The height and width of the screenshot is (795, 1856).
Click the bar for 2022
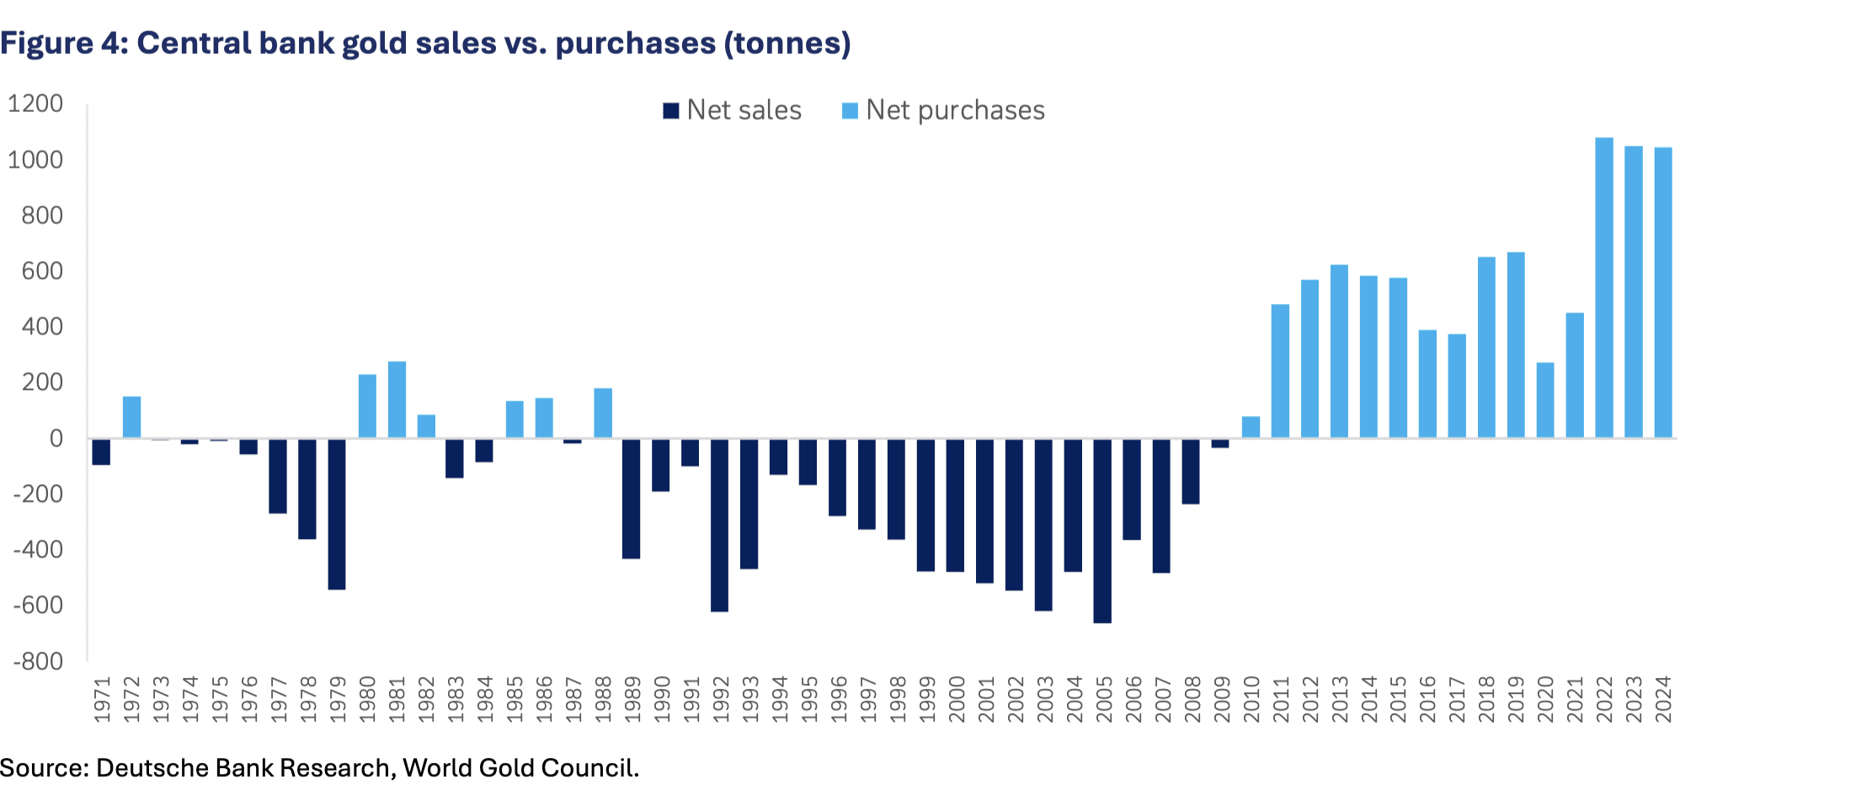pos(1604,288)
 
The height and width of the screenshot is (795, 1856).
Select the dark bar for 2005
pos(1102,531)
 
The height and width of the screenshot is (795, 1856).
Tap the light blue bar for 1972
pos(131,417)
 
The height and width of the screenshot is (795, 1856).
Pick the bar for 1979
pos(337,514)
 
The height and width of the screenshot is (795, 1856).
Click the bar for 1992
pos(719,525)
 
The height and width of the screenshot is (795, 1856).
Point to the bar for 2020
pos(1545,400)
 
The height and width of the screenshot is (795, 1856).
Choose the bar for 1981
pos(397,400)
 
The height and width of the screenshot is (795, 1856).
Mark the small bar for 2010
pos(1251,427)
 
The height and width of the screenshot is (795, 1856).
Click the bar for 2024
pos(1663,293)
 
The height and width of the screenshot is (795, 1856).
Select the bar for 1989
pos(631,499)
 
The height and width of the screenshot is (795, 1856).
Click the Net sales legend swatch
pos(671,111)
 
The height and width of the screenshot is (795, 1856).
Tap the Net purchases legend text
pos(955,110)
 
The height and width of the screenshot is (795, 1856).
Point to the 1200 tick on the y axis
pos(35,104)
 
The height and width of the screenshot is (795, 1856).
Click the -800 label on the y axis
pos(38,661)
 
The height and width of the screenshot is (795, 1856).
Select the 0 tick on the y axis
pos(56,438)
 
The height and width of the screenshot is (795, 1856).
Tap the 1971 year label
pos(102,699)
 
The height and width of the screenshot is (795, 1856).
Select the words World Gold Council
pos(520,768)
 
